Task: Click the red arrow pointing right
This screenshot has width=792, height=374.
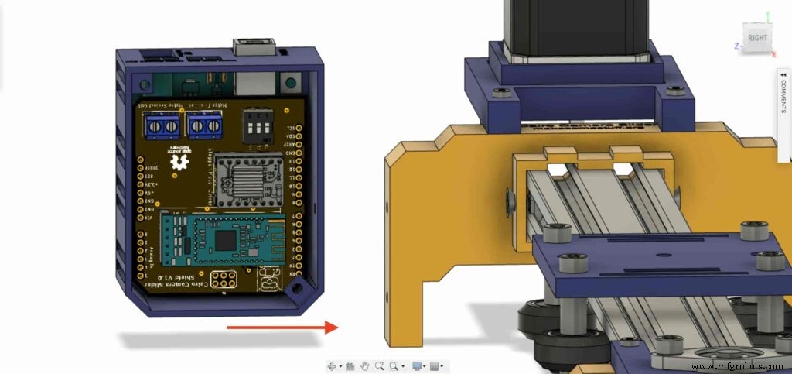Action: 282,327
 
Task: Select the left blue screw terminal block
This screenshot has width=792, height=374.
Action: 162,124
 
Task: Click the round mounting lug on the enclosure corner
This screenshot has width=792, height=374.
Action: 295,291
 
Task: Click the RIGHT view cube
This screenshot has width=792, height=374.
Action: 758,36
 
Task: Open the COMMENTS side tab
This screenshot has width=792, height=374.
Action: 783,93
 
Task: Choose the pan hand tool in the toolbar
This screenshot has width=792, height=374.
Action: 364,365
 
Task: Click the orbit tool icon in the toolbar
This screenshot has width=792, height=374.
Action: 334,365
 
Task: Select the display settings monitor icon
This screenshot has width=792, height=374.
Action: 418,365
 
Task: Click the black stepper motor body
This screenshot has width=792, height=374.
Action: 577,27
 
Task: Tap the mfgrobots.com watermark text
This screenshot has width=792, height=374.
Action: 738,365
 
